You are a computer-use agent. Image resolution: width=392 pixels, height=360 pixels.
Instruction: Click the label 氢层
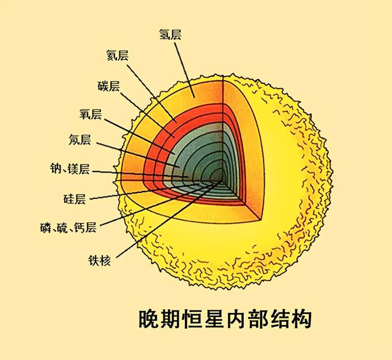[170, 34]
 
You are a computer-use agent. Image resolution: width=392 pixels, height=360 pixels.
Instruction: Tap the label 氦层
[117, 55]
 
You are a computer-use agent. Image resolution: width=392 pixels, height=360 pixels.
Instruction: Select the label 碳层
[108, 86]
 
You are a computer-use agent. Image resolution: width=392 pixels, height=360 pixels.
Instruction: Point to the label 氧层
[91, 114]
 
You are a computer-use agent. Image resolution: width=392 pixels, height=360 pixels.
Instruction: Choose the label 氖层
[80, 140]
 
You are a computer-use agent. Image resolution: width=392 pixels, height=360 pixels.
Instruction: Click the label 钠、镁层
[70, 168]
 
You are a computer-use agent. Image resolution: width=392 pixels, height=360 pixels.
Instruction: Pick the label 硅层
[75, 199]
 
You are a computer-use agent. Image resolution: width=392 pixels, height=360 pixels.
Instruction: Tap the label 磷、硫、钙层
[68, 228]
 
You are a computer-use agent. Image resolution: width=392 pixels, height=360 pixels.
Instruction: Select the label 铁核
[99, 260]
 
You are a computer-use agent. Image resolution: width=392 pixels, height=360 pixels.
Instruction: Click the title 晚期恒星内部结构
[225, 319]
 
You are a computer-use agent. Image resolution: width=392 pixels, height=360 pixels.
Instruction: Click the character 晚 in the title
[149, 319]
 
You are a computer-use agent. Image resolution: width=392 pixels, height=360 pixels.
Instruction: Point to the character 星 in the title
[214, 319]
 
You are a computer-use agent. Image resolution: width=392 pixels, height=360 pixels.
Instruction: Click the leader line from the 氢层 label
[184, 70]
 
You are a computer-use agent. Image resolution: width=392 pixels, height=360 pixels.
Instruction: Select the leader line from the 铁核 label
[169, 219]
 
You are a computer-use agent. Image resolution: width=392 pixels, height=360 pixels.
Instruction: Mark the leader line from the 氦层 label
[151, 94]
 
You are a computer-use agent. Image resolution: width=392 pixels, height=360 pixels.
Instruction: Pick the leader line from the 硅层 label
[145, 192]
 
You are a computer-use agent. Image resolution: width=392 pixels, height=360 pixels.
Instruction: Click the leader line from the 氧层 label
[140, 136]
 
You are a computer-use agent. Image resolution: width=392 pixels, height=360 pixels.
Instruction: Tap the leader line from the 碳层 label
[147, 115]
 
